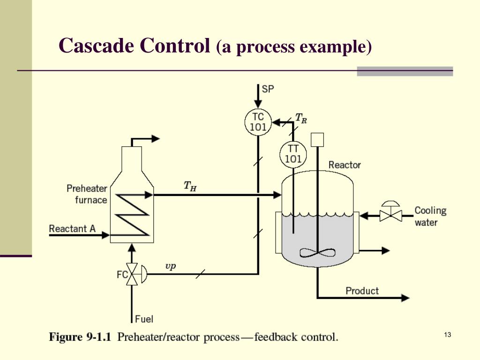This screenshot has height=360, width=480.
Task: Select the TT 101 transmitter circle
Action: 293,153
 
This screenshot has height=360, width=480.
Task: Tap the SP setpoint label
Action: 268,89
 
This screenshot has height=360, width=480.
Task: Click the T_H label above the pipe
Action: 189,186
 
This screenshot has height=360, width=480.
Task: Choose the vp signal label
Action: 171,266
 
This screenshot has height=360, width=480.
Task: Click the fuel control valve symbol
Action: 134,274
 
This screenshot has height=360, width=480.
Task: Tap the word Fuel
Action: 144,319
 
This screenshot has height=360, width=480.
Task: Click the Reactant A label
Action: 72,229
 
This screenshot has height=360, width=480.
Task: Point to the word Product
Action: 362,291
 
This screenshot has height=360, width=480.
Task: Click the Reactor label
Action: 345,165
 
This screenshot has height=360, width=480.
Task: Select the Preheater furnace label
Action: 87,194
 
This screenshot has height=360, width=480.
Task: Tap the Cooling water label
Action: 430,216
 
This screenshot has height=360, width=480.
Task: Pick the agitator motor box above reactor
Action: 317,138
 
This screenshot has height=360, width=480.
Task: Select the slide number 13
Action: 447,334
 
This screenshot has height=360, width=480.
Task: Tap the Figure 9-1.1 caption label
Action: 80,337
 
